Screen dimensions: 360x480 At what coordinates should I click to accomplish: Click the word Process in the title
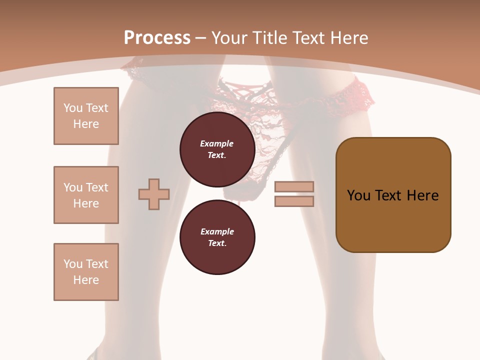[157, 38]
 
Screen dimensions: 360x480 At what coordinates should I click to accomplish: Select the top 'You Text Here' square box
[86, 116]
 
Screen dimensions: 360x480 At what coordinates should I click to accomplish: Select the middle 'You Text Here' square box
[86, 195]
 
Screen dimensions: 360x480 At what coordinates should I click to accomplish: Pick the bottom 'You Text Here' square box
[86, 272]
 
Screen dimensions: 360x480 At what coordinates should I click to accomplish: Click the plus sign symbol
[154, 194]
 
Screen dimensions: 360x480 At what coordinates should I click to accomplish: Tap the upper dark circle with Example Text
[217, 149]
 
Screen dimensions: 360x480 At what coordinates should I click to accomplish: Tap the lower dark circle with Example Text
[217, 237]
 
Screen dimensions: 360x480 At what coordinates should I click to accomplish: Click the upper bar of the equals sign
[294, 186]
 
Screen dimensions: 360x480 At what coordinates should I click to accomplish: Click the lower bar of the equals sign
[294, 201]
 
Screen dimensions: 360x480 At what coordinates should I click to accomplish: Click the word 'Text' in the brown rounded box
[393, 195]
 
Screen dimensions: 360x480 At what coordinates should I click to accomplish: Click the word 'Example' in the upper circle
[217, 143]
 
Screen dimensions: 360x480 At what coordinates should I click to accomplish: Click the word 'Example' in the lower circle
[217, 231]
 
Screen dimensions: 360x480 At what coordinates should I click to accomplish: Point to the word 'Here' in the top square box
[86, 124]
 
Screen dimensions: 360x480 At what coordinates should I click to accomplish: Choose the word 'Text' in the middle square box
[96, 187]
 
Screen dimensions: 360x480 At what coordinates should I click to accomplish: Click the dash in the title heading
[201, 38]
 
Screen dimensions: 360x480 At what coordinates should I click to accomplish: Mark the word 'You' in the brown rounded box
[358, 195]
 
